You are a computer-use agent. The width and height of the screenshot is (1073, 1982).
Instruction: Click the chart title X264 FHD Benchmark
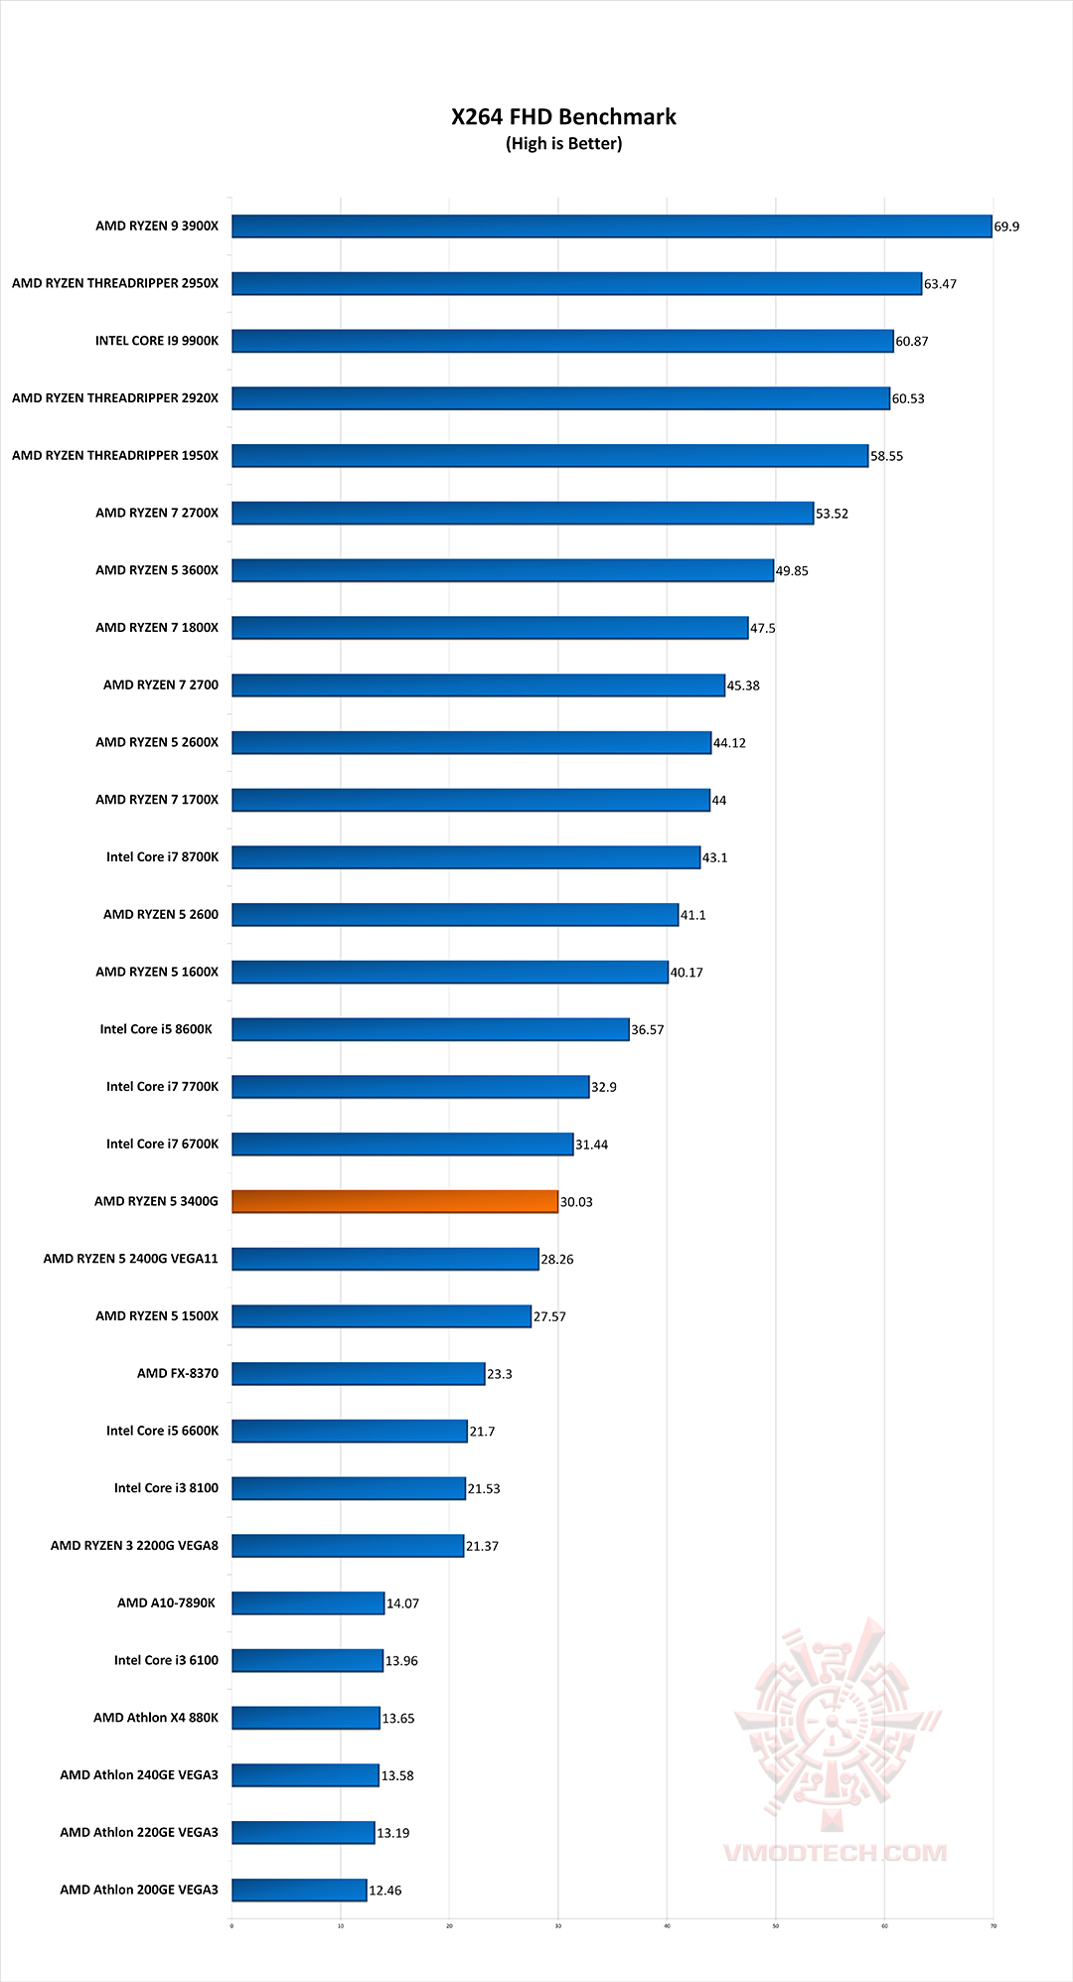coord(563,117)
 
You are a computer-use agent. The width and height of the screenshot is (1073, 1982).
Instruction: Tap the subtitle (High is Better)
coord(563,144)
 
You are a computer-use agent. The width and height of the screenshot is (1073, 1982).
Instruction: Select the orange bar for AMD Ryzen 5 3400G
coord(394,1201)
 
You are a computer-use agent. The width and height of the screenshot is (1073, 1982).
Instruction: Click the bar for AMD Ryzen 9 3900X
coord(611,227)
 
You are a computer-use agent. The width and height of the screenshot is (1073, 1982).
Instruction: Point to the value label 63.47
coord(940,284)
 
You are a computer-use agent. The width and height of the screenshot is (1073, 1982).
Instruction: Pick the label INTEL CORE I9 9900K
coord(157,341)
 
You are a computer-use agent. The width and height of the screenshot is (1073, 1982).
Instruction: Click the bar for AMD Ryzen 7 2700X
coord(523,513)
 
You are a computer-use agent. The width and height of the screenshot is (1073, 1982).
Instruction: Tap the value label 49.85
coord(792,571)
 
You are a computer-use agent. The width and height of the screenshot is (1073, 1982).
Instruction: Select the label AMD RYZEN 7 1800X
coord(157,628)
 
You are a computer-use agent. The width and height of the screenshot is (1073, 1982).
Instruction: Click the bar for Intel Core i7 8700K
coord(466,857)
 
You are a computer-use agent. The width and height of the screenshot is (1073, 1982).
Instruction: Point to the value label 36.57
coord(648,1030)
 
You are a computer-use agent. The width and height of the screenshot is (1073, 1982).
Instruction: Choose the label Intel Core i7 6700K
coord(162,1144)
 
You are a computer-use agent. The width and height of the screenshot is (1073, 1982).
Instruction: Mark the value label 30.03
coord(576,1202)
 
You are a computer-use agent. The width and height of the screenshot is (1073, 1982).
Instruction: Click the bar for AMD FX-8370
coord(359,1374)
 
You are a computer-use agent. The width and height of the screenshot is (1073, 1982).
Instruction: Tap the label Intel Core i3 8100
coord(166,1488)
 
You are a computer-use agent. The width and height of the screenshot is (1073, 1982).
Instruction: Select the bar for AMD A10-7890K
coord(308,1603)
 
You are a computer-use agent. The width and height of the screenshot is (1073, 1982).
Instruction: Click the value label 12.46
coord(385,1891)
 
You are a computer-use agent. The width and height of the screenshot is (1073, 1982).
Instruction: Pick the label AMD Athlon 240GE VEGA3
coord(139,1775)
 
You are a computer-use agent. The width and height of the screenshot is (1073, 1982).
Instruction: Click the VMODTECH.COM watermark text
coord(835,1853)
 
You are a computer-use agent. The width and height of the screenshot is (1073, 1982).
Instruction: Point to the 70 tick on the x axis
coord(993,1926)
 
